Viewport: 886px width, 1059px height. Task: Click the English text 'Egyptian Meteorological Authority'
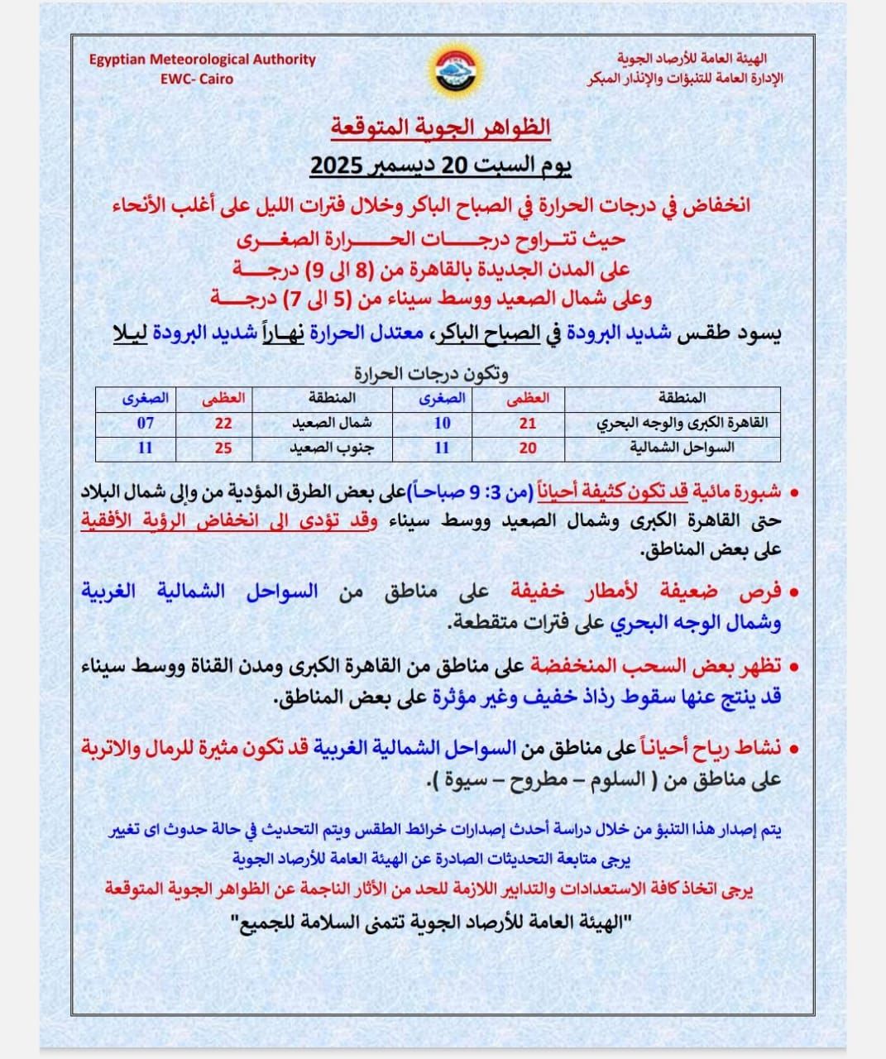pos(203,60)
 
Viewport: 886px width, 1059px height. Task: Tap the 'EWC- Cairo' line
pos(197,79)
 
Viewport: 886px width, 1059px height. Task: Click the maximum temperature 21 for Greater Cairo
pos(528,424)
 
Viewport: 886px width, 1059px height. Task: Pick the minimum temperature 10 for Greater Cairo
pos(443,424)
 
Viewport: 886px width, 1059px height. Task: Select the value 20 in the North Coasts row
pos(528,448)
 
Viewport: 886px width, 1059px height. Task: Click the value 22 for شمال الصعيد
pos(223,424)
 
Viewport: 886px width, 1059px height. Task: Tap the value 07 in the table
pos(146,424)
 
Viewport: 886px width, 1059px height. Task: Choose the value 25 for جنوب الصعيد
pos(223,448)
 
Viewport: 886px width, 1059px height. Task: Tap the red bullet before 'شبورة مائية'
pos(794,494)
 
